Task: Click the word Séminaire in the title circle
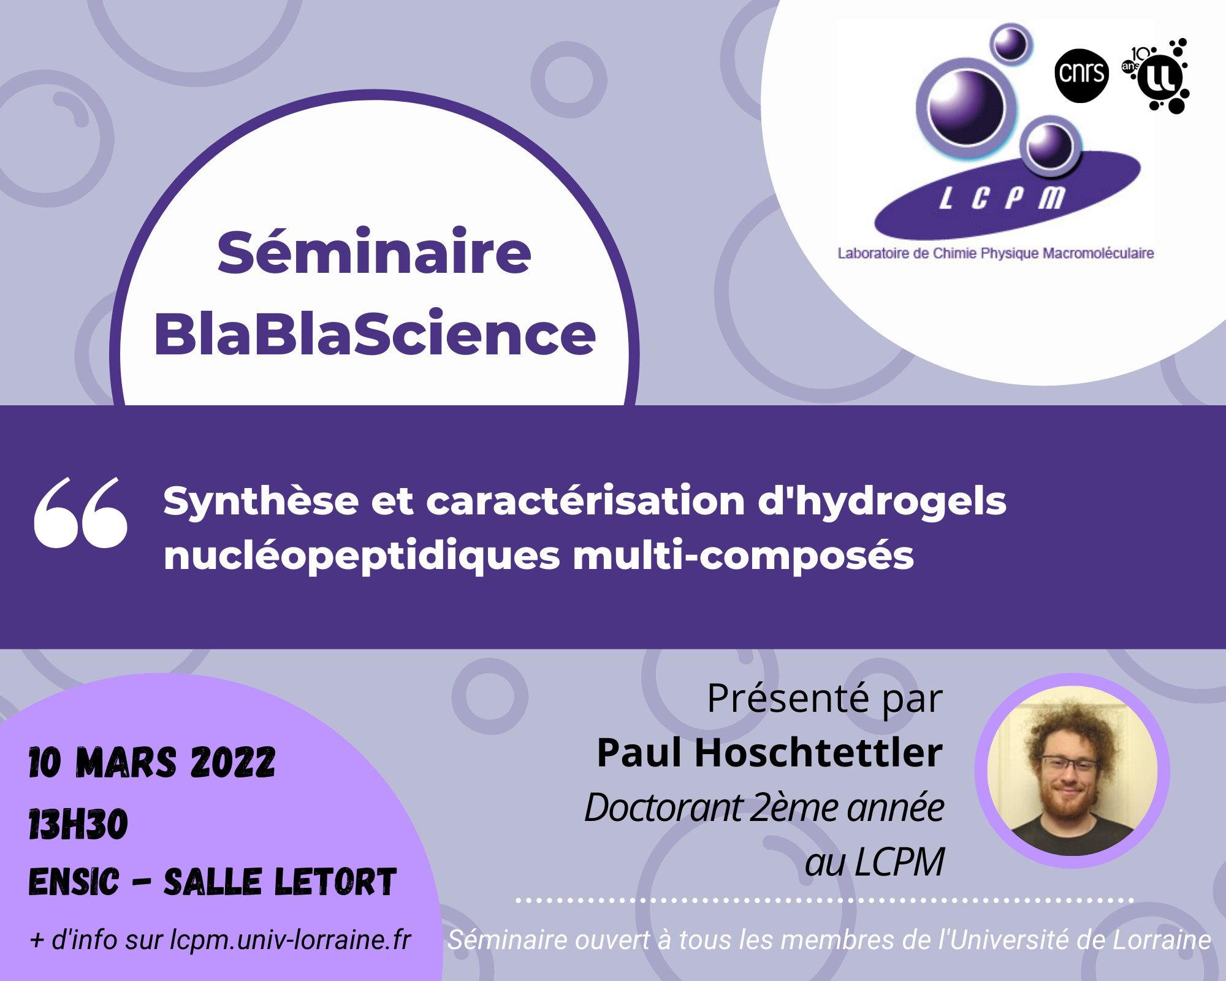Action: click(x=374, y=253)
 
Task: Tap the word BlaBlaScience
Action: click(x=375, y=334)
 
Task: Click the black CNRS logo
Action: click(x=1081, y=75)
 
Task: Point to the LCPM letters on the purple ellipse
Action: click(x=1002, y=198)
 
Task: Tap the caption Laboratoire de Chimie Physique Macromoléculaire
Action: click(x=996, y=253)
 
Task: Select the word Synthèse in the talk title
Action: click(x=261, y=501)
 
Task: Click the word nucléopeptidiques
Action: click(x=362, y=556)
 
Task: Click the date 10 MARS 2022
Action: click(x=152, y=763)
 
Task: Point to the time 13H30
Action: click(x=78, y=824)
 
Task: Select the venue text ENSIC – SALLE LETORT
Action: click(x=212, y=882)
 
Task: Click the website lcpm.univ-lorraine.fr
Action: click(x=290, y=940)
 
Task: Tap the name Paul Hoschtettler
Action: click(x=769, y=753)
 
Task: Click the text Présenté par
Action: click(x=824, y=698)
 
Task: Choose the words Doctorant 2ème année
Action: click(x=764, y=807)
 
